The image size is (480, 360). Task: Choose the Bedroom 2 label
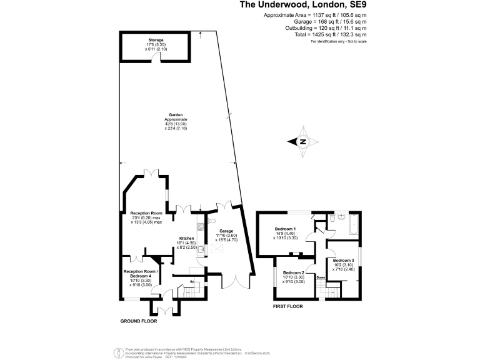[293, 273]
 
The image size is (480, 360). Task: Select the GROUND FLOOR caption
[138, 321]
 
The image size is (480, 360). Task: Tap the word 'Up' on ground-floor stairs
[191, 282]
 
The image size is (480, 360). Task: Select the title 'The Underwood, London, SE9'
[302, 6]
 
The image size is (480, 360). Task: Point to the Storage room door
[161, 57]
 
